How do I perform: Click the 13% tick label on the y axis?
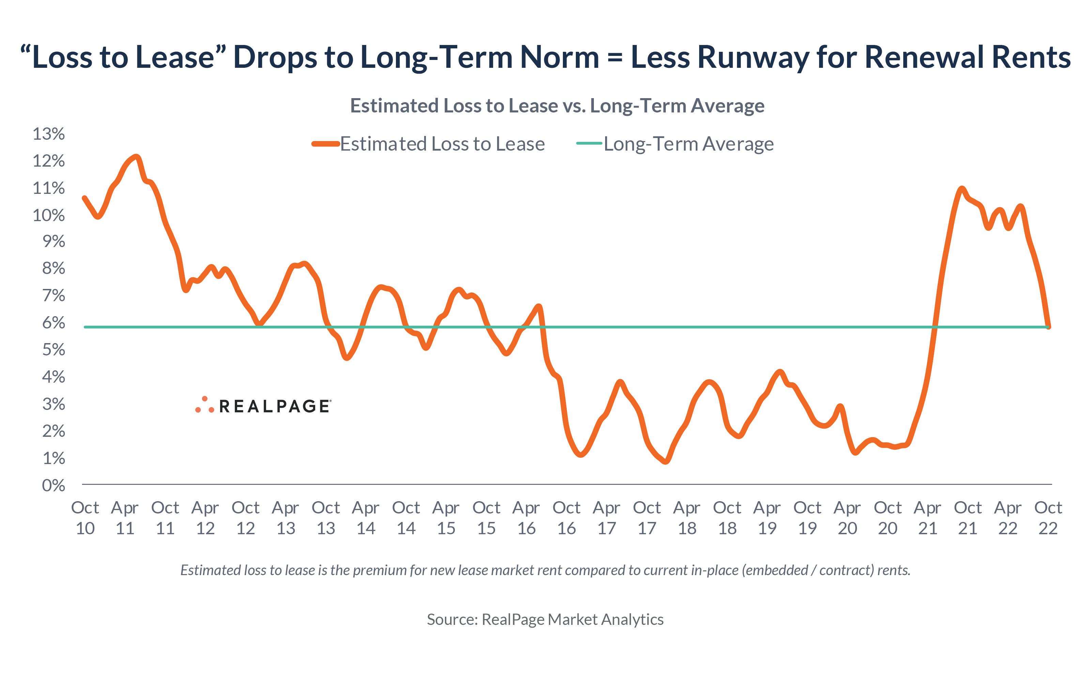48,134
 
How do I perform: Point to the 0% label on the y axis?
53,486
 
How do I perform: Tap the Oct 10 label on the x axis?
85,518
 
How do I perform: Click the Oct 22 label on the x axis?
1048,518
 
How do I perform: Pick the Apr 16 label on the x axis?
526,518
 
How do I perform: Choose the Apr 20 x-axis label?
847,518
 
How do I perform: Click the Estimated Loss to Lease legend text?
442,144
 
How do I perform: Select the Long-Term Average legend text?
689,144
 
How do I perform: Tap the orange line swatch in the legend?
325,144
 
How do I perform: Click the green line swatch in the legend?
589,143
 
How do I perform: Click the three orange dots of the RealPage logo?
204,405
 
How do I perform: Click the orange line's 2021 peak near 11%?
961,189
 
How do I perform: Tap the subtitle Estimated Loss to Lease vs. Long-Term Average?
557,106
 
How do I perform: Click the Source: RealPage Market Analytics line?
545,619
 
